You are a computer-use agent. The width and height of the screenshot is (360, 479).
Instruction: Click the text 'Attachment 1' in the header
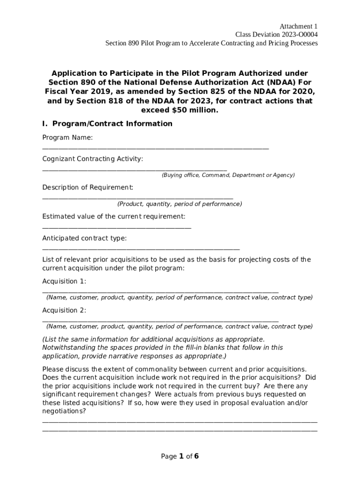pyautogui.click(x=299, y=26)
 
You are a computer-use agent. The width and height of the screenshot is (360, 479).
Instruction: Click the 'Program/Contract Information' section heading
pyautogui.click(x=112, y=124)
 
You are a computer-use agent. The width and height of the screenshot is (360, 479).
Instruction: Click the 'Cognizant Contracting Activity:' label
pyautogui.click(x=93, y=159)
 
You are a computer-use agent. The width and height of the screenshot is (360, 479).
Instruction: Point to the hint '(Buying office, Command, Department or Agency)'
pyautogui.click(x=228, y=175)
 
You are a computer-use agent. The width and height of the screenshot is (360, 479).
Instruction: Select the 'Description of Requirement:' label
pyautogui.click(x=88, y=188)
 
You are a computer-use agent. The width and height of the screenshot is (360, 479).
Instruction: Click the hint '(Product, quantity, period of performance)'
pyautogui.click(x=180, y=204)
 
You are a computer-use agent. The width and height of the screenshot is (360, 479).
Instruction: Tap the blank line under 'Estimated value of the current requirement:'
pyautogui.click(x=116, y=228)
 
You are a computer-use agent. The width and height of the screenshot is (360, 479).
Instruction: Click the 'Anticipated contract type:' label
pyautogui.click(x=85, y=239)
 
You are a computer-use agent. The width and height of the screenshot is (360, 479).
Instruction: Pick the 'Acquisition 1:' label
pyautogui.click(x=64, y=282)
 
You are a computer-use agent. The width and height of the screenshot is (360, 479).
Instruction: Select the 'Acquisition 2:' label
pyautogui.click(x=64, y=311)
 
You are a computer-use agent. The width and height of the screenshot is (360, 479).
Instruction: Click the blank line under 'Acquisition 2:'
pyautogui.click(x=160, y=321)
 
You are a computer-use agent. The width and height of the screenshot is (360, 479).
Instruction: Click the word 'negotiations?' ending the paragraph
pyautogui.click(x=64, y=411)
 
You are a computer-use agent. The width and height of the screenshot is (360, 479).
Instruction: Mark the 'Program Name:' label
pyautogui.click(x=67, y=138)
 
